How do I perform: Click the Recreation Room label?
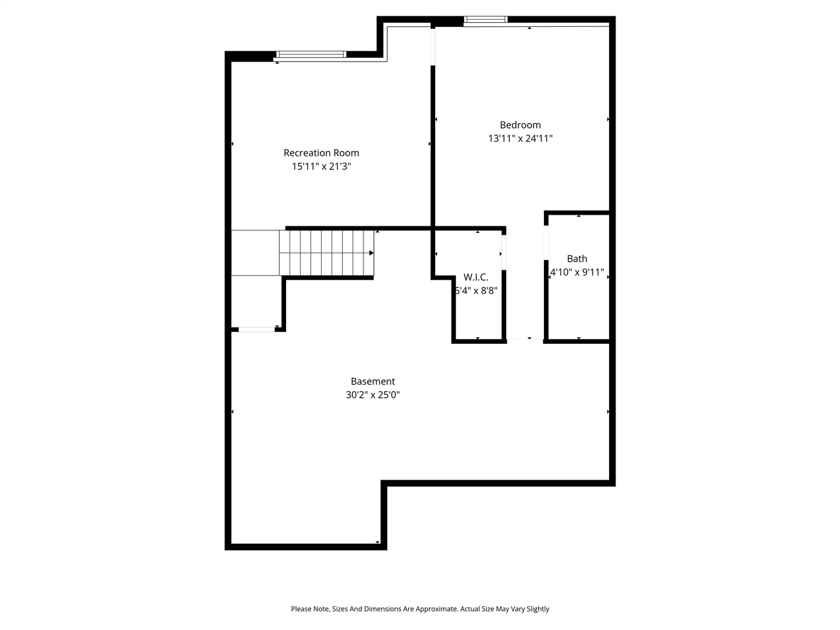[x=321, y=153]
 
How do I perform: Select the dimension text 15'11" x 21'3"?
[x=321, y=167]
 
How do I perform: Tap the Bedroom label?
[x=520, y=125]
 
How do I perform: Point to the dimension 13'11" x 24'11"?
[x=520, y=138]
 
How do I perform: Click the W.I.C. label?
[x=476, y=278]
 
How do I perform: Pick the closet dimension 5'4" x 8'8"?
[x=476, y=291]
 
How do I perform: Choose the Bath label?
[x=577, y=259]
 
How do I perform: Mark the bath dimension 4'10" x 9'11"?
[x=577, y=272]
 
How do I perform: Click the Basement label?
[x=373, y=381]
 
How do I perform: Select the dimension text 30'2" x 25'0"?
[x=373, y=395]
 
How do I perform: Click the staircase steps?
[x=326, y=253]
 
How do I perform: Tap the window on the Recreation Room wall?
[x=310, y=54]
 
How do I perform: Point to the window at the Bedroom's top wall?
[x=486, y=20]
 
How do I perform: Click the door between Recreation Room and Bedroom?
[x=432, y=46]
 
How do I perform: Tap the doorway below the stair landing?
[x=257, y=329]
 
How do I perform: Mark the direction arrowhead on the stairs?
[x=371, y=253]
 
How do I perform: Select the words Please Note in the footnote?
[x=310, y=609]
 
